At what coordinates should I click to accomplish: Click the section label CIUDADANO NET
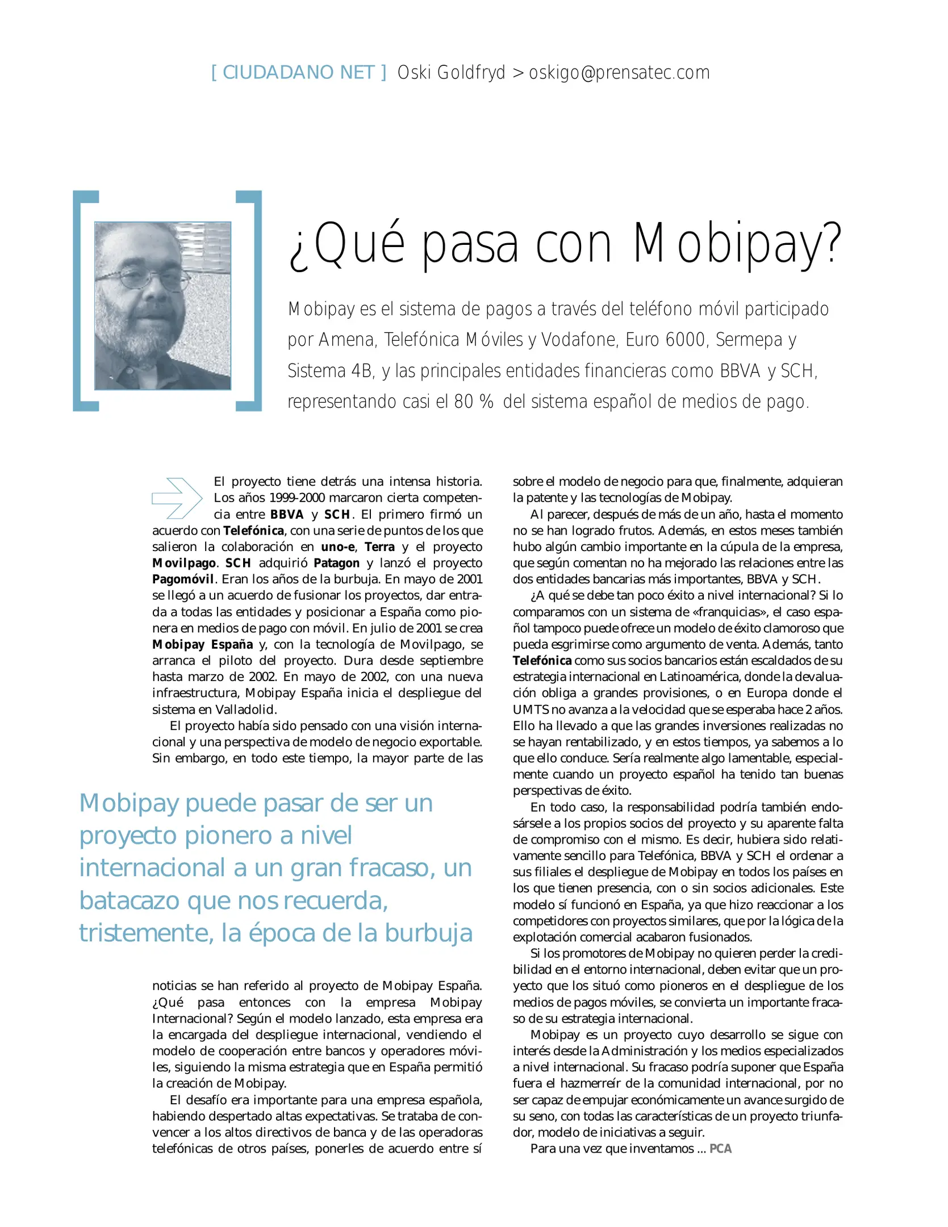(x=298, y=73)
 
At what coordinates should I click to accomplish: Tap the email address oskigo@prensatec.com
(x=619, y=73)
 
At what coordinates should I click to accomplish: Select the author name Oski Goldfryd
(x=451, y=73)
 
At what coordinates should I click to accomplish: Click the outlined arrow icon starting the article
(x=177, y=498)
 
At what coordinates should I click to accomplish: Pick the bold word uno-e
(x=338, y=547)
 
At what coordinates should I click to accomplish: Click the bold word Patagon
(x=336, y=563)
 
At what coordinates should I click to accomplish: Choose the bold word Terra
(x=379, y=547)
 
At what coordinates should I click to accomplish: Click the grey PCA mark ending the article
(x=720, y=1149)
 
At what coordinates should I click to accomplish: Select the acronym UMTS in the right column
(x=531, y=710)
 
